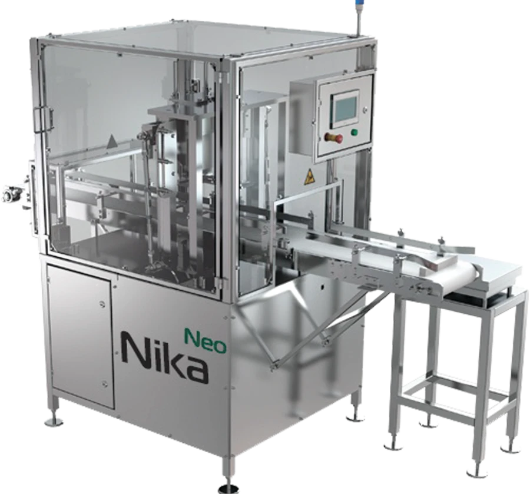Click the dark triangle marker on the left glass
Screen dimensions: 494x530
pos(111,140)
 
